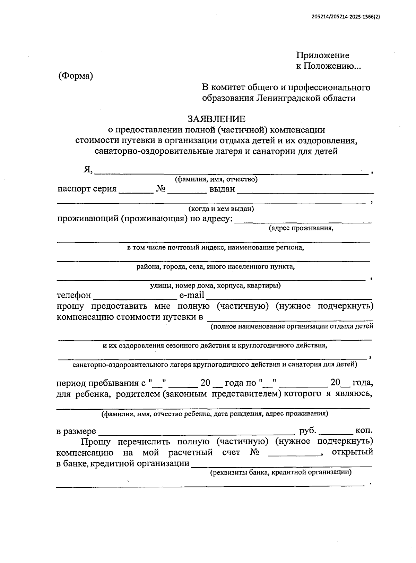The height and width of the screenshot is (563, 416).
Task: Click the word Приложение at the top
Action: pyautogui.click(x=322, y=56)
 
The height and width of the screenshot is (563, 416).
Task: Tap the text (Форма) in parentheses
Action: pyautogui.click(x=76, y=76)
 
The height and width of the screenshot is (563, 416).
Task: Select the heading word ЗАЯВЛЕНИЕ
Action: pyautogui.click(x=216, y=119)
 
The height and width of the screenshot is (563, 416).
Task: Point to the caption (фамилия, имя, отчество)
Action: pyautogui.click(x=216, y=179)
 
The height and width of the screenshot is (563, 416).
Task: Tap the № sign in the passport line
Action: pyautogui.click(x=161, y=189)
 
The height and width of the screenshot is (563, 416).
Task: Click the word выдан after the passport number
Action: pyautogui.click(x=222, y=189)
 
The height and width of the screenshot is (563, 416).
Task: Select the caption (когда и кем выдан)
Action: pyautogui.click(x=221, y=209)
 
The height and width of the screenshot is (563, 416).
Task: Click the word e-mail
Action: pyautogui.click(x=191, y=295)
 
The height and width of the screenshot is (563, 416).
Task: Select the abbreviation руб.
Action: pyautogui.click(x=307, y=431)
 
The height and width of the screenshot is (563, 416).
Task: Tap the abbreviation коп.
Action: pyautogui.click(x=364, y=431)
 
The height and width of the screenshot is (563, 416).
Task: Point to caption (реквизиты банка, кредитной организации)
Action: pyautogui.click(x=281, y=472)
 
